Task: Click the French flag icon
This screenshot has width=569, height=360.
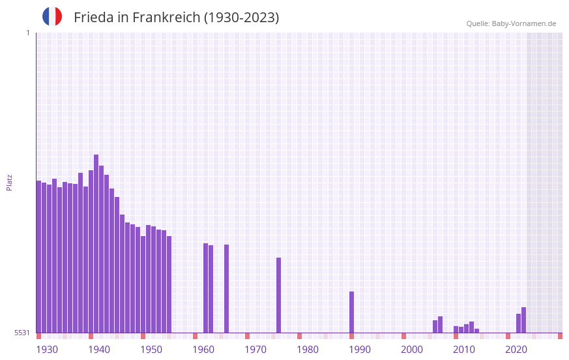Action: (52, 16)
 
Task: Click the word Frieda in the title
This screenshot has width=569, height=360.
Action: (93, 18)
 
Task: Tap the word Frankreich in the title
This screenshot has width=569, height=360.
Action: (166, 18)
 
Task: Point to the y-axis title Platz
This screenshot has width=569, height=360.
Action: (9, 182)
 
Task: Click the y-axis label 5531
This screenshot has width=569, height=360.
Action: (22, 333)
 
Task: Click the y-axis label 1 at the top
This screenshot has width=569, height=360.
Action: (27, 33)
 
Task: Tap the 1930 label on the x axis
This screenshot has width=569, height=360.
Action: (47, 350)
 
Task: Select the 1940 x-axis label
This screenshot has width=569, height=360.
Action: (99, 350)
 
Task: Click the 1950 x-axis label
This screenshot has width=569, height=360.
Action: (151, 350)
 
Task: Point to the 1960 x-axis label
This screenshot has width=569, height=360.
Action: (203, 350)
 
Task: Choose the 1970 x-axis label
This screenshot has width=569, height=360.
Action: (255, 350)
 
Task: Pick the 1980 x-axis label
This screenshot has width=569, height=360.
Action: (308, 350)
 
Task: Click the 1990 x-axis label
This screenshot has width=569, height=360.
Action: (360, 350)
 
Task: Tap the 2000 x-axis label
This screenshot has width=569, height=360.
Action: (412, 350)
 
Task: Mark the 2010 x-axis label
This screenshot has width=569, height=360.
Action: (464, 350)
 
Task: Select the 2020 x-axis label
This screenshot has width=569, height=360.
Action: (516, 350)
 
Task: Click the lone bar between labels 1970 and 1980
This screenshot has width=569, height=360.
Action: (279, 295)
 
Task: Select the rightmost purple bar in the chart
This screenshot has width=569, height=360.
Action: (524, 320)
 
